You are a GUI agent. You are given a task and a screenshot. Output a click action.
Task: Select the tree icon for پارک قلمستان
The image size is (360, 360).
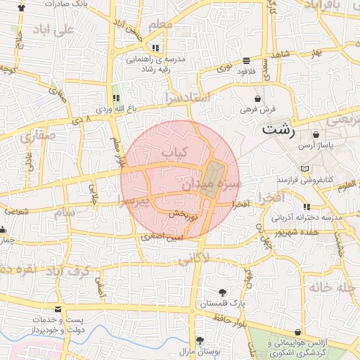222,292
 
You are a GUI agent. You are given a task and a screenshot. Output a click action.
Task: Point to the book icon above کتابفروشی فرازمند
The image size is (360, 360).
304,169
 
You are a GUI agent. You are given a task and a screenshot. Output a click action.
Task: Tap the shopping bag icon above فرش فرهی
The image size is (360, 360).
259,98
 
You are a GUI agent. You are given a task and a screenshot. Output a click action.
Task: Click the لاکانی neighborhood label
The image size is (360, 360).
193,259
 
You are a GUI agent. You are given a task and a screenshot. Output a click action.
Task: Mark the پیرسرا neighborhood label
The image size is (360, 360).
134,202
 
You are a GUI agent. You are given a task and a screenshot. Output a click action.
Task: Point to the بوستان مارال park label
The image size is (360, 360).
195,350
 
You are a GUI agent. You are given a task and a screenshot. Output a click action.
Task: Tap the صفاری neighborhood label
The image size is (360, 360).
35,137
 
